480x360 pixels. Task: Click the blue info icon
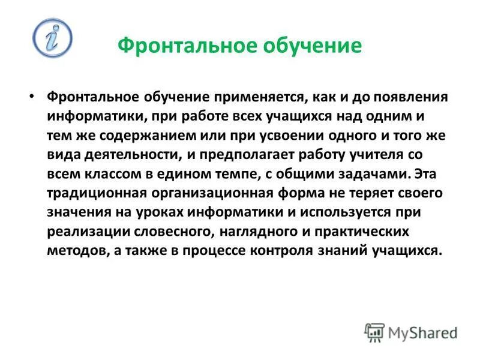click(52, 38)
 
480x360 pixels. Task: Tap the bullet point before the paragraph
click(33, 97)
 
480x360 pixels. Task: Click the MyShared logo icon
click(374, 332)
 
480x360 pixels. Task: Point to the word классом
click(107, 174)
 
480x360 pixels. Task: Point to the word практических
click(364, 232)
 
